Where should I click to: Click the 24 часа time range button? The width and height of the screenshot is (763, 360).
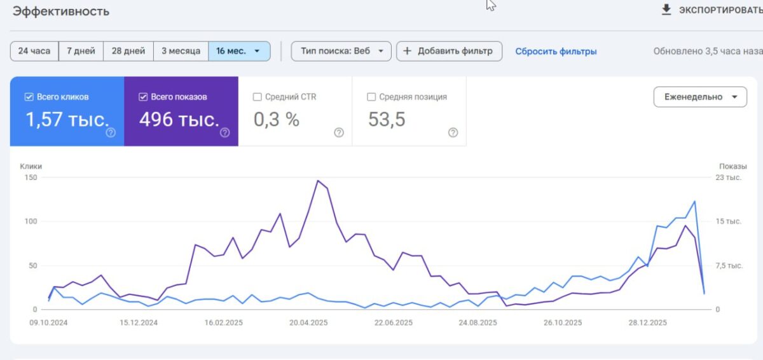(34, 51)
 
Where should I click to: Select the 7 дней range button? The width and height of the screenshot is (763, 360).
(81, 51)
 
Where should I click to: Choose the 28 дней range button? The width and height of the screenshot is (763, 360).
(128, 51)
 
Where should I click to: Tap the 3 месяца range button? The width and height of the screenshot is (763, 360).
(181, 51)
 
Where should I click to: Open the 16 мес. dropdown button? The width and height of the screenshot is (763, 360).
(238, 51)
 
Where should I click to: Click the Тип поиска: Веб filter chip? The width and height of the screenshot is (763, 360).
(341, 51)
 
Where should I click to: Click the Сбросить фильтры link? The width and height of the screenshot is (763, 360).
(556, 52)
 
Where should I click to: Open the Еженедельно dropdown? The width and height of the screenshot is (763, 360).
(700, 97)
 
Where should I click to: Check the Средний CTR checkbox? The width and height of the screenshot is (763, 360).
(258, 97)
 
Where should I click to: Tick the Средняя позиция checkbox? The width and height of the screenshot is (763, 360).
(371, 97)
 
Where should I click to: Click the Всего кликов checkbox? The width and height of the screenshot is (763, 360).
(29, 97)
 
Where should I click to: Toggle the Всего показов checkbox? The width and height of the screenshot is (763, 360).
(143, 97)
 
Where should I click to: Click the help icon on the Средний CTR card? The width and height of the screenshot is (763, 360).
(339, 132)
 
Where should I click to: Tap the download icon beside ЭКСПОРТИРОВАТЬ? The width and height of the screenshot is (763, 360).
(666, 10)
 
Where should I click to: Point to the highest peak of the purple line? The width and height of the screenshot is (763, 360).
(317, 181)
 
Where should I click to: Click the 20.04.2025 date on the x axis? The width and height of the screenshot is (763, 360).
(308, 322)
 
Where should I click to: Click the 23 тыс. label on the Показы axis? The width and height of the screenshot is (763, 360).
(729, 177)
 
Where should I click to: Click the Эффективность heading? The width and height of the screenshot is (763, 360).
(61, 11)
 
